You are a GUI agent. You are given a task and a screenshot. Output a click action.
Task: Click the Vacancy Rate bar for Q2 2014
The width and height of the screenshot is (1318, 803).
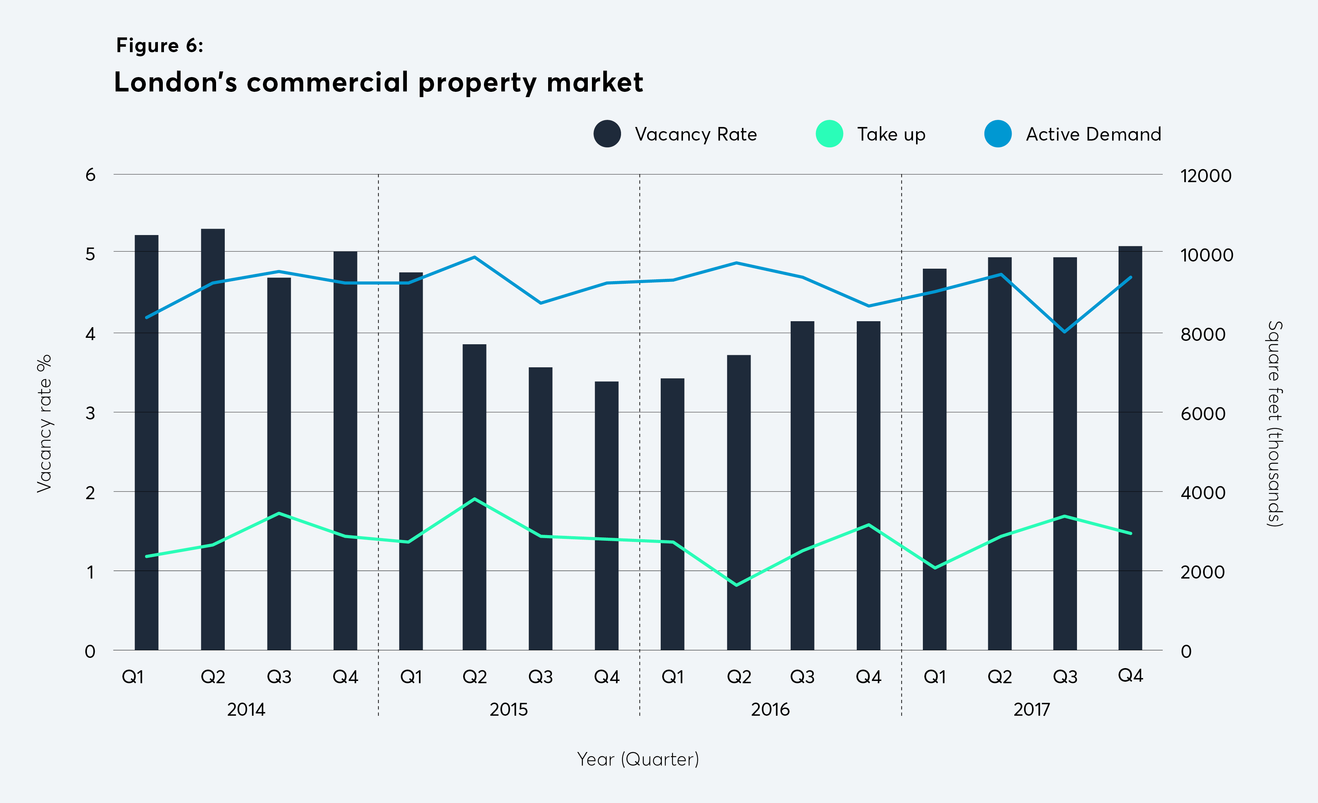pyautogui.click(x=213, y=439)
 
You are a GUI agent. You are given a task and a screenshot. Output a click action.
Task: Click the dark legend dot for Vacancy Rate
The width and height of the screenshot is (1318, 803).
pyautogui.click(x=607, y=134)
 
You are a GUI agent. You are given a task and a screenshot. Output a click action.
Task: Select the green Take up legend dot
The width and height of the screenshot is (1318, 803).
pyautogui.click(x=829, y=134)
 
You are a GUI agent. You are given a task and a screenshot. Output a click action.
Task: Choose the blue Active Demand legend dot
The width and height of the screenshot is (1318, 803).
pyautogui.click(x=998, y=134)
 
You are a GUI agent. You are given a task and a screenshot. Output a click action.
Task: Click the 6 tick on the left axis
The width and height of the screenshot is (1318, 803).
pyautogui.click(x=90, y=175)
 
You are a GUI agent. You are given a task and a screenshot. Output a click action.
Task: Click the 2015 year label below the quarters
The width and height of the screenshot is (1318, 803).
pyautogui.click(x=509, y=709)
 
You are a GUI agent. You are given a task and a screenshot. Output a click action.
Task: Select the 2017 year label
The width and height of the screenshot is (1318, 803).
pyautogui.click(x=1032, y=709)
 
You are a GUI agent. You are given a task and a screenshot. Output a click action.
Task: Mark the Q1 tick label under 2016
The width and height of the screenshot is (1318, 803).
pyautogui.click(x=673, y=677)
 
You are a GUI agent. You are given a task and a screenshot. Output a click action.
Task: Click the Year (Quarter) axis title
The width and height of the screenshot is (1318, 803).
pyautogui.click(x=638, y=759)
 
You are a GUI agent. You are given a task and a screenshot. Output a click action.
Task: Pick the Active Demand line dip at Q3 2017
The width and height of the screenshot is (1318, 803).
pyautogui.click(x=1065, y=332)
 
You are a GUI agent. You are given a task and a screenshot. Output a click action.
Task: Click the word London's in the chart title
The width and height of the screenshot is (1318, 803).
pyautogui.click(x=175, y=82)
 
